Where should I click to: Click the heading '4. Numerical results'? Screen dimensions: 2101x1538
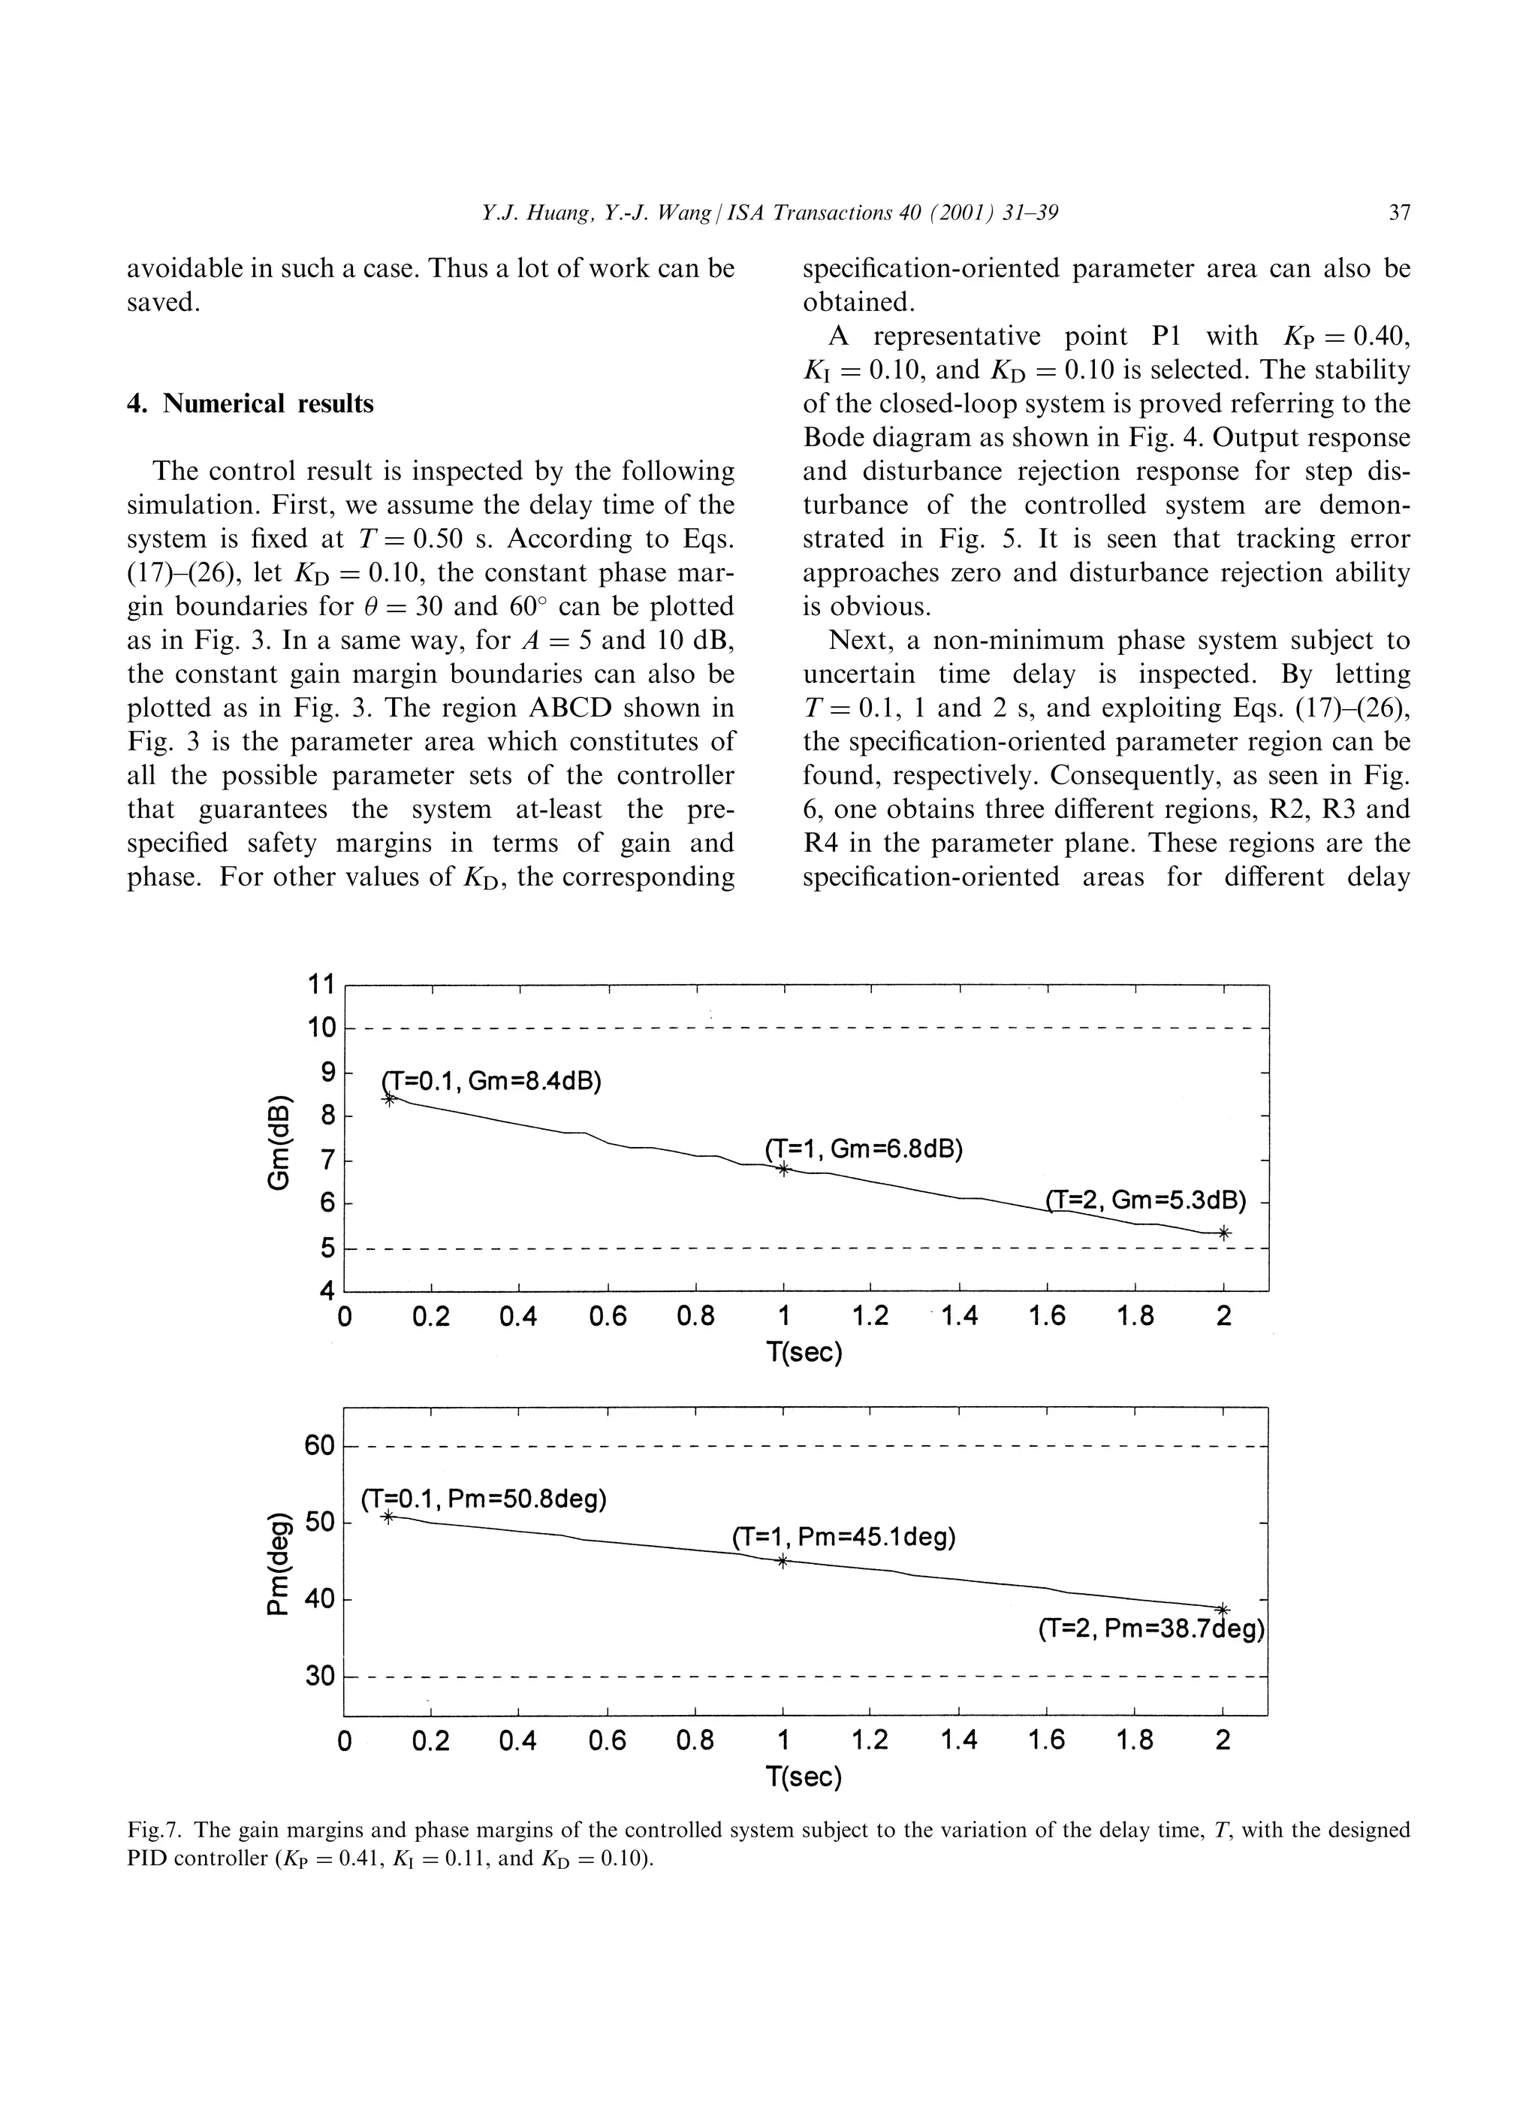pos(249,403)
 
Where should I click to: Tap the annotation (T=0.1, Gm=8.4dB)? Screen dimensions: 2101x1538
pos(493,1081)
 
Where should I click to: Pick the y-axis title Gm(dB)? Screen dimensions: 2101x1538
pos(279,1138)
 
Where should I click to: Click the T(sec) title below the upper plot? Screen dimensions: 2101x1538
pos(804,1352)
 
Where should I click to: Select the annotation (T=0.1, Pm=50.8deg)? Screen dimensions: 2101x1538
pos(483,1499)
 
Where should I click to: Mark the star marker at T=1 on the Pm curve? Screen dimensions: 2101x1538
pos(782,1562)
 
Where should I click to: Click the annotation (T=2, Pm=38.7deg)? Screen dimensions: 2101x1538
pos(1150,1630)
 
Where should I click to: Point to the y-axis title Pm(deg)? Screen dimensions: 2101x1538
pos(279,1560)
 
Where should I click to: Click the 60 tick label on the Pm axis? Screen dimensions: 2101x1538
pos(319,1446)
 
